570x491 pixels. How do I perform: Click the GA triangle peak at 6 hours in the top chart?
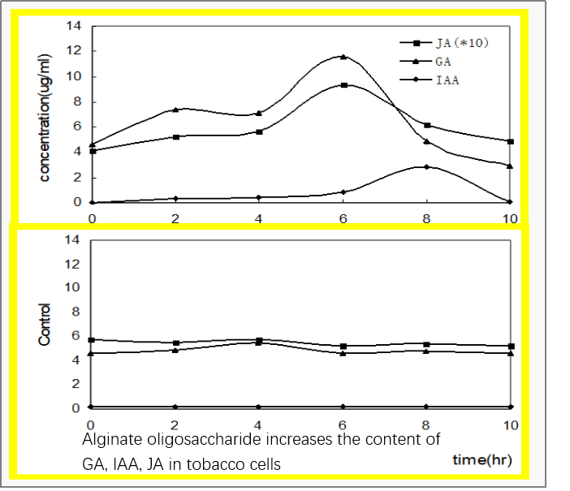point(343,57)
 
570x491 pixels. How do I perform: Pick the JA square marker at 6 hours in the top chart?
point(343,85)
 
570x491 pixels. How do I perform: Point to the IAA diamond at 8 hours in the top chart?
point(427,167)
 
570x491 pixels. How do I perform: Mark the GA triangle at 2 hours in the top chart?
point(175,110)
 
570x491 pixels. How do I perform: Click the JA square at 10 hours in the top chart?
point(510,141)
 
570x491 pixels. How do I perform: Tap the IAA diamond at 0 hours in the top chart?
point(92,202)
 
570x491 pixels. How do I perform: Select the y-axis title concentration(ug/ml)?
point(45,114)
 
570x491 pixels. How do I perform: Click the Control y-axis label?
point(45,324)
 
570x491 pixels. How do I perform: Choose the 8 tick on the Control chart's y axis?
point(76,312)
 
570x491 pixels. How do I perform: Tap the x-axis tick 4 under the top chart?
point(259,217)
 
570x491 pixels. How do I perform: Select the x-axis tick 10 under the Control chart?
point(510,424)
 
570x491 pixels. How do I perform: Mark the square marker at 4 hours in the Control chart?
point(259,341)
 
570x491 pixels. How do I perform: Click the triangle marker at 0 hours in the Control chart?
point(92,353)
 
